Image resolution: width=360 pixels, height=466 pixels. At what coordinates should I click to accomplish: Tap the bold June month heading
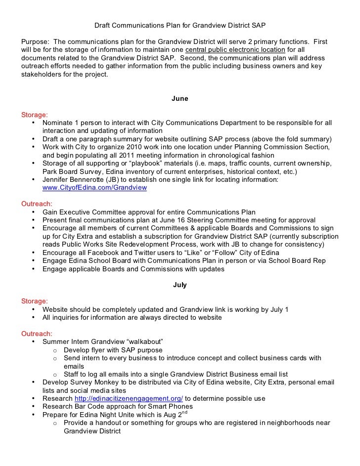click(x=180, y=99)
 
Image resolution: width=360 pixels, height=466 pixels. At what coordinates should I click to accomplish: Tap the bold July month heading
click(x=180, y=286)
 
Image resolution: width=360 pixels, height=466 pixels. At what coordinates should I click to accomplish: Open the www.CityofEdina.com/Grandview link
click(x=94, y=188)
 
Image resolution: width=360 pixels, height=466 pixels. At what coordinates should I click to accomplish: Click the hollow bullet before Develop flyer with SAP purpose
click(x=55, y=350)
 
